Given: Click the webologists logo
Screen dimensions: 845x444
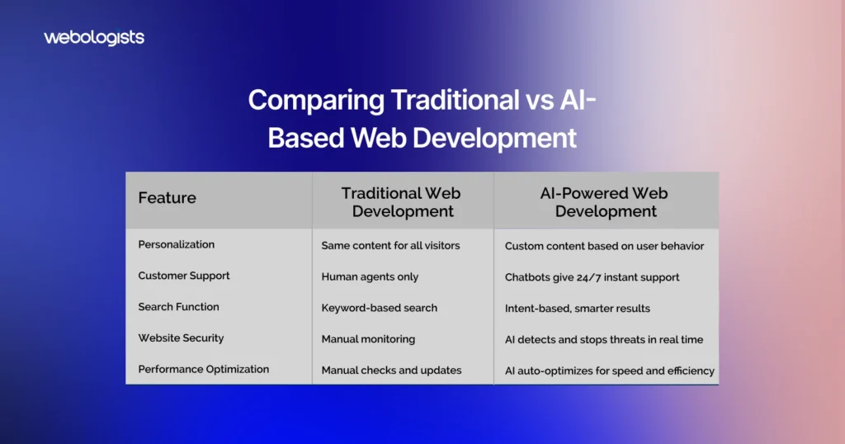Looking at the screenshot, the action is [x=94, y=38].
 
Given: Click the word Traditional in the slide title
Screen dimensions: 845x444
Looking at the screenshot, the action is [x=456, y=100].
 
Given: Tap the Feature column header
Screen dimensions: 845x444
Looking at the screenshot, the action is [x=167, y=198].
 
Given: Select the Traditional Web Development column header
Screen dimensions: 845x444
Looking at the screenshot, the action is [x=402, y=202].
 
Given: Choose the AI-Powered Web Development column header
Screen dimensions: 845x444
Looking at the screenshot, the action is [x=605, y=202].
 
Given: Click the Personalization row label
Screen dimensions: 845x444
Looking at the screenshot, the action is [x=177, y=244].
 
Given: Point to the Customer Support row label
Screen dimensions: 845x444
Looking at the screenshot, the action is [x=184, y=276].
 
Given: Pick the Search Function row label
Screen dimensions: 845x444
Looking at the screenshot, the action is [x=178, y=307].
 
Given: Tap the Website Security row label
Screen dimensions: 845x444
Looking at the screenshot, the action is [x=181, y=338].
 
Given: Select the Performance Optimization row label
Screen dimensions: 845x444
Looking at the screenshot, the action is [x=204, y=369].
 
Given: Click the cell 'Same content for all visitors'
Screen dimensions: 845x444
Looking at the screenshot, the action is [x=390, y=246].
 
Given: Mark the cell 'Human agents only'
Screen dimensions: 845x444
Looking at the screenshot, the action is [x=371, y=277].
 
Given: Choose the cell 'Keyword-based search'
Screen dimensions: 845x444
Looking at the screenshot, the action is [x=380, y=308].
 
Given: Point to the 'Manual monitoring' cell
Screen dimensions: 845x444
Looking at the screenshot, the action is [x=369, y=339].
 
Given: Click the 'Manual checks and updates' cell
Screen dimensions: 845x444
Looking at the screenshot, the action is [x=392, y=371].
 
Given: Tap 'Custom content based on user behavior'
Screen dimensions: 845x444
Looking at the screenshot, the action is [x=605, y=246].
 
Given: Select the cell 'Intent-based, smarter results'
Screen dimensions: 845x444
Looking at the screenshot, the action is [x=578, y=309].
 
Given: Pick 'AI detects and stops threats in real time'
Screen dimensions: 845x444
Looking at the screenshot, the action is [x=604, y=340].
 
